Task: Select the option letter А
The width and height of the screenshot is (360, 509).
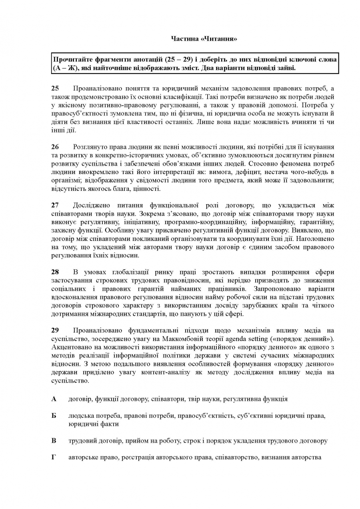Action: [x=54, y=399]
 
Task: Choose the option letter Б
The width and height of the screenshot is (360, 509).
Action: [x=54, y=416]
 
